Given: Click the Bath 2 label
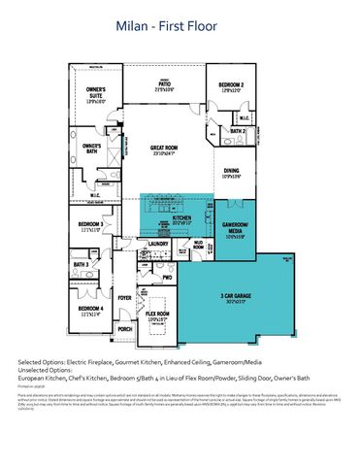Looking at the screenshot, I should tap(238, 129).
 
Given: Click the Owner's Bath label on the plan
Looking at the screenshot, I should tap(92, 150).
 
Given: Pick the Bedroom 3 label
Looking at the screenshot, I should tap(91, 226).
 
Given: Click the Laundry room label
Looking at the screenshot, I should tap(146, 244).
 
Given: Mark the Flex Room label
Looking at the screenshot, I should tap(158, 316).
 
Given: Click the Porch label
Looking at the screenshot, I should tap(124, 329).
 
